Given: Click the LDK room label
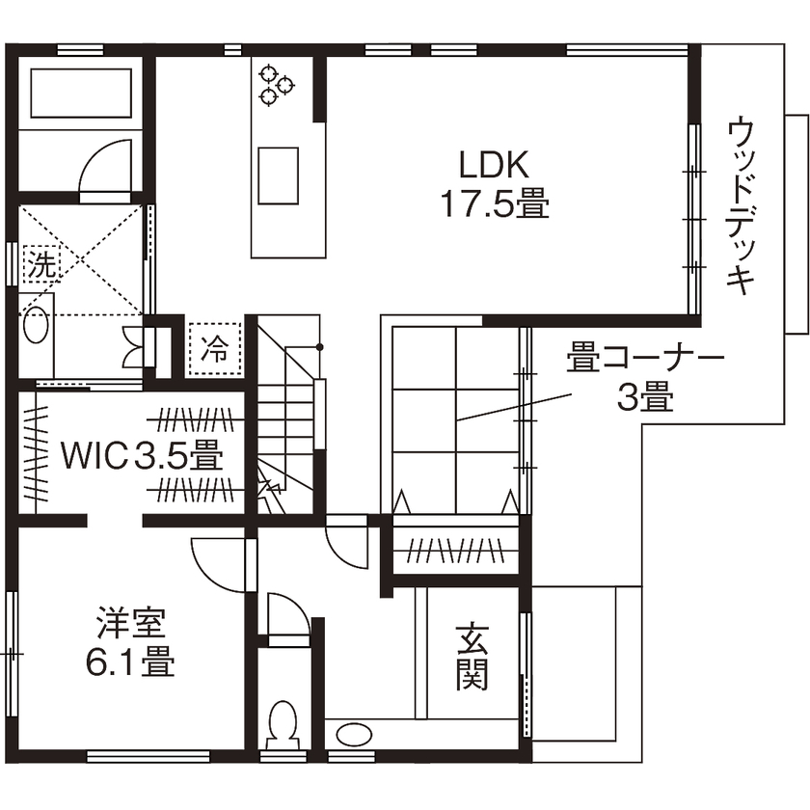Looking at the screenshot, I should tap(493, 166).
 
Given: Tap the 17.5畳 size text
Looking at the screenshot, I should tap(495, 203).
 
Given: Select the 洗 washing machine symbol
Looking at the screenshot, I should tap(40, 263).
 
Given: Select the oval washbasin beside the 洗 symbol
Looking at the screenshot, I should tap(37, 325).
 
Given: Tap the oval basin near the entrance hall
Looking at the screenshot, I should tap(353, 736).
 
